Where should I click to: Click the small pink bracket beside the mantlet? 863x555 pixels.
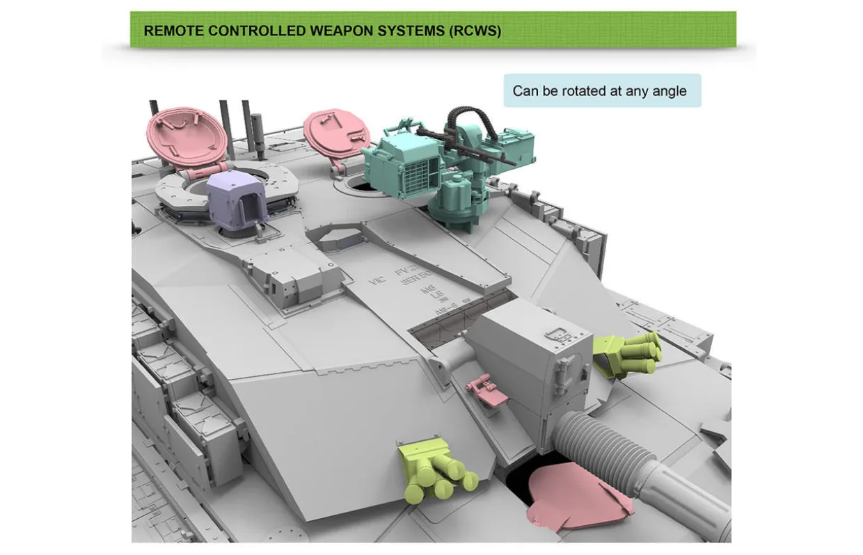pos(489,391)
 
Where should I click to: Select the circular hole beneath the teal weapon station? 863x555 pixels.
pos(358,185)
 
